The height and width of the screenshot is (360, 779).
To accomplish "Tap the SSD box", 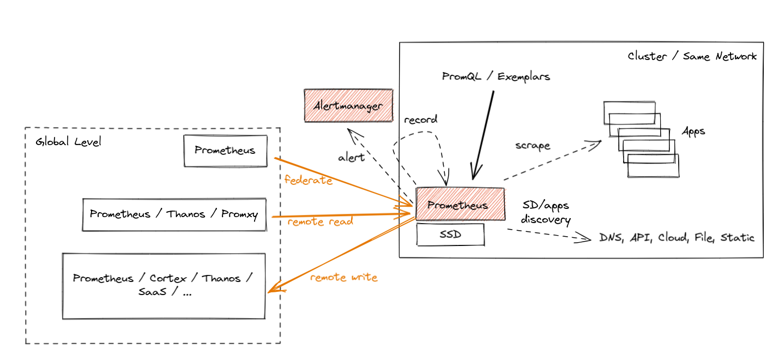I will click(450, 235).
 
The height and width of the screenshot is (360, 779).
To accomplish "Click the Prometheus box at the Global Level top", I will click(225, 151).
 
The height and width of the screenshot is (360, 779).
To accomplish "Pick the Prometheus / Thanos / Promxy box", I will click(174, 214).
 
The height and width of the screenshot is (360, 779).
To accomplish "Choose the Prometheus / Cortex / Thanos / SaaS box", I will click(164, 285).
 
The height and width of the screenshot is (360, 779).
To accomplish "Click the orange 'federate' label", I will click(309, 180).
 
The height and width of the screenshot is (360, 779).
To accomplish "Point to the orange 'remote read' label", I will click(320, 221).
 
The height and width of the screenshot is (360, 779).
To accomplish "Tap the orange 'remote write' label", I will click(343, 277).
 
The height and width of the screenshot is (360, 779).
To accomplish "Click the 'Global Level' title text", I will click(69, 142).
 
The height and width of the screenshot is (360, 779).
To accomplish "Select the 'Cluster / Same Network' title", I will click(692, 56).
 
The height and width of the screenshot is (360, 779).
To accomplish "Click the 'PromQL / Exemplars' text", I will click(496, 76).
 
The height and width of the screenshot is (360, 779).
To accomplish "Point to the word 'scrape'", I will click(533, 146).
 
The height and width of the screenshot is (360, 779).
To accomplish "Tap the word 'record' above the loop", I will click(420, 119).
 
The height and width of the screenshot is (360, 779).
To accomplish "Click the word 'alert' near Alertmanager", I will click(351, 158).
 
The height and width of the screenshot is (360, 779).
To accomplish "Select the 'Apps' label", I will click(693, 131).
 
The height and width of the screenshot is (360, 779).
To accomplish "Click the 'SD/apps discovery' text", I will click(546, 213).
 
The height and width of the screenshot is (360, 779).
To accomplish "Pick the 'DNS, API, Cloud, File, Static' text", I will click(677, 238).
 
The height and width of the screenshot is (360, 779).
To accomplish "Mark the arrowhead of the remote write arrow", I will click(271, 291).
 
